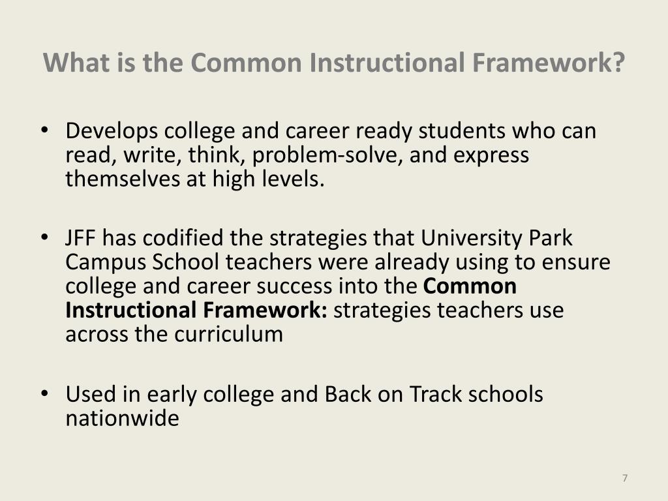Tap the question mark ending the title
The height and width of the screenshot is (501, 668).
pyautogui.click(x=618, y=63)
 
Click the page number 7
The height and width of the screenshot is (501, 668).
pyautogui.click(x=625, y=478)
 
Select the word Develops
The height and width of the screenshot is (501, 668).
pyautogui.click(x=112, y=132)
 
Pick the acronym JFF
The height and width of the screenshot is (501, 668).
pyautogui.click(x=81, y=239)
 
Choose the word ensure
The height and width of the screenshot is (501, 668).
pyautogui.click(x=577, y=262)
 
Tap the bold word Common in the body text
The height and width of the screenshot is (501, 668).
pyautogui.click(x=470, y=286)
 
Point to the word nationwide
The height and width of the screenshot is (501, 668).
pyautogui.click(x=122, y=418)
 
